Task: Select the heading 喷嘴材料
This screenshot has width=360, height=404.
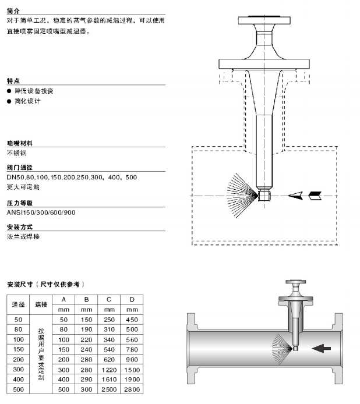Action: pyautogui.click(x=20, y=143)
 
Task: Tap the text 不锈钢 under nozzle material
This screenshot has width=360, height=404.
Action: pyautogui.click(x=17, y=153)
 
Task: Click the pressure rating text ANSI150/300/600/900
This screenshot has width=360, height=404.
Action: pyautogui.click(x=41, y=212)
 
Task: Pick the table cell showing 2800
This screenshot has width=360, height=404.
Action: pyautogui.click(x=132, y=389)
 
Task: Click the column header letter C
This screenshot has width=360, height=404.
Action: pyautogui.click(x=109, y=299)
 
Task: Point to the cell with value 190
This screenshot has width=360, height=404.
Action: pyautogui.click(x=86, y=329)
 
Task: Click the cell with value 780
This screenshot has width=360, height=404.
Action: pyautogui.click(x=132, y=349)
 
